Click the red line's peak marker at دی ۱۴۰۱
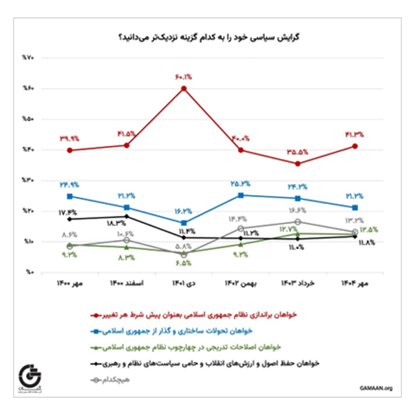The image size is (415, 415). pos(184,89)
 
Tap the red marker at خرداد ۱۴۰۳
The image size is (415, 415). pos(297,164)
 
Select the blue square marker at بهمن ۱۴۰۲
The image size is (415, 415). pos(241,195)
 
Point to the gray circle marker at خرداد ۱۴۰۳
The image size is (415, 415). pos(297,221)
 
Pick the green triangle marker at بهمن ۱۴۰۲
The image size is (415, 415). pos(241,244)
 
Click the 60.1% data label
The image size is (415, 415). pos(184,77)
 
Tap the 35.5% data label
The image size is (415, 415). pos(297,151)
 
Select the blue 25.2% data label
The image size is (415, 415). pos(241,184)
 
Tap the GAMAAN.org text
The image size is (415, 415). pos(375,388)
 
